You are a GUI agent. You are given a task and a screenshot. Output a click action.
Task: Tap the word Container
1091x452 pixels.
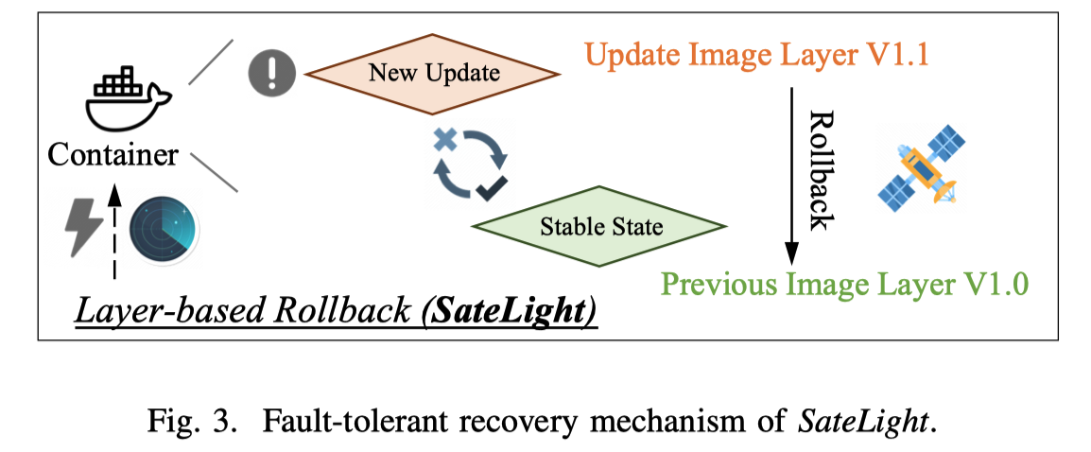click(113, 155)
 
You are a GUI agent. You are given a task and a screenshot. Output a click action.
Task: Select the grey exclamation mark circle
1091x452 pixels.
click(272, 73)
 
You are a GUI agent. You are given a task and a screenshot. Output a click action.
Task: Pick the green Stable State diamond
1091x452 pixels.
click(600, 227)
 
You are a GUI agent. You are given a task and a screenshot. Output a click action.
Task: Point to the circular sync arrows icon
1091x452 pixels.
click(471, 165)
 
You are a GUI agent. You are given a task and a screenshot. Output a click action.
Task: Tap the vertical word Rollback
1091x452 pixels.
click(821, 169)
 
